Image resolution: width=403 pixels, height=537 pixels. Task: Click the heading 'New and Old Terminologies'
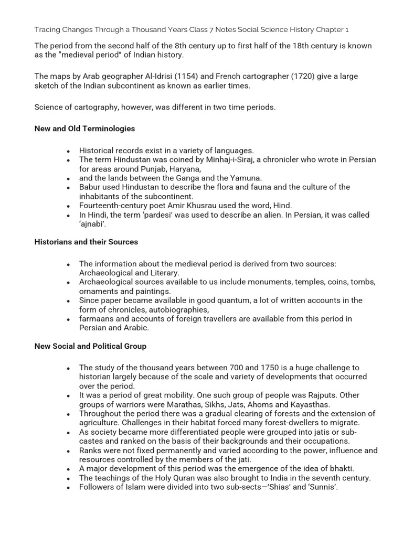pyautogui.click(x=84, y=128)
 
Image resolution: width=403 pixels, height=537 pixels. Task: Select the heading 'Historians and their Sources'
pyautogui.click(x=86, y=242)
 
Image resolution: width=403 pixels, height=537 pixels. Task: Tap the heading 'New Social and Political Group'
pyautogui.click(x=90, y=346)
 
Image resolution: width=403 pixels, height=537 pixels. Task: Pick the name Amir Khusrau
pyautogui.click(x=201, y=206)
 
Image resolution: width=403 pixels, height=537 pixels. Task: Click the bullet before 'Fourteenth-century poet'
pyautogui.click(x=68, y=206)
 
